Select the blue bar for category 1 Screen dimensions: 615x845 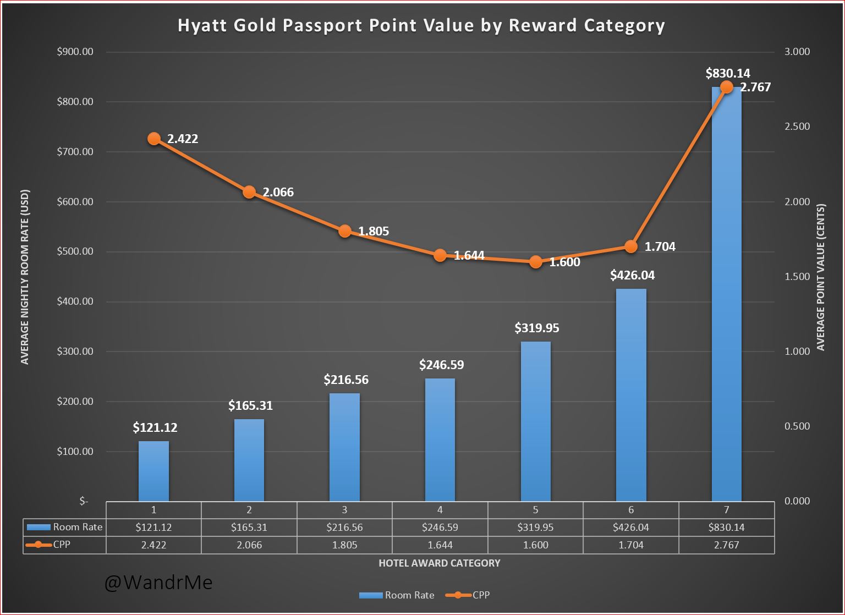153,471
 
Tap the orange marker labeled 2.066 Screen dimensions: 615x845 249,192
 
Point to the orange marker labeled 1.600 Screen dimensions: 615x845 535,262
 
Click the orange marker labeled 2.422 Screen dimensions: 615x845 154,139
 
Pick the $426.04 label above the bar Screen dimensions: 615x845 632,275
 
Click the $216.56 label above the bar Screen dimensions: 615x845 346,380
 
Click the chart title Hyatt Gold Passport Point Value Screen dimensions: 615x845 421,25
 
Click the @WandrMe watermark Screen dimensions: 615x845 158,583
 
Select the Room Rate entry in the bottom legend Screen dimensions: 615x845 397,595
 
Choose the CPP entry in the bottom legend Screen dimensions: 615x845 468,595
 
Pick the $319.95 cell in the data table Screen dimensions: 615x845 535,527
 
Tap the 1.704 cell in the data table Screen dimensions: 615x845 631,545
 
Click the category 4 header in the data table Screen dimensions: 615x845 440,509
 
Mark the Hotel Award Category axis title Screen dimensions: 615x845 440,563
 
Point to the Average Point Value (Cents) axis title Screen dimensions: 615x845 821,277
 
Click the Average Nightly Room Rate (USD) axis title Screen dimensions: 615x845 25,277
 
